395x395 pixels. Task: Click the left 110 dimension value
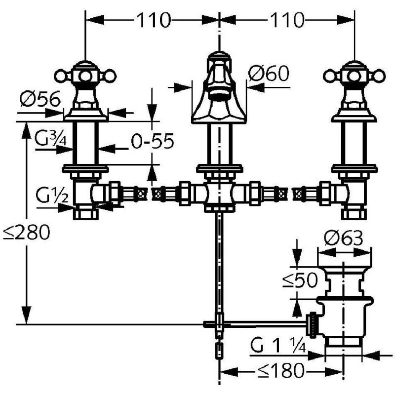pyautogui.click(x=154, y=20)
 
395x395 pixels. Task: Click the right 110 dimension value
pyautogui.click(x=287, y=20)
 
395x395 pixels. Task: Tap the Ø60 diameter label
pyautogui.click(x=269, y=73)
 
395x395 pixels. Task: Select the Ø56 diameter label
pyautogui.click(x=40, y=98)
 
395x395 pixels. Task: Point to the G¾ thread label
pyautogui.click(x=51, y=139)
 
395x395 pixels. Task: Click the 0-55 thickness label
pyautogui.click(x=153, y=141)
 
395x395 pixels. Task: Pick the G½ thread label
pyautogui.click(x=52, y=195)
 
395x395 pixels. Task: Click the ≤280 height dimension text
pyautogui.click(x=27, y=232)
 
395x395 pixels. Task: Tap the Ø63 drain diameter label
pyautogui.click(x=344, y=237)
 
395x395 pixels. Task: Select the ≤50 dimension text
pyautogui.click(x=300, y=280)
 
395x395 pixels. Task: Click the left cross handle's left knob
pyautogui.click(x=61, y=76)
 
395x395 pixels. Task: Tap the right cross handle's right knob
pyautogui.click(x=379, y=76)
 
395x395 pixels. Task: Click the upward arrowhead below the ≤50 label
pyautogui.click(x=297, y=308)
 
